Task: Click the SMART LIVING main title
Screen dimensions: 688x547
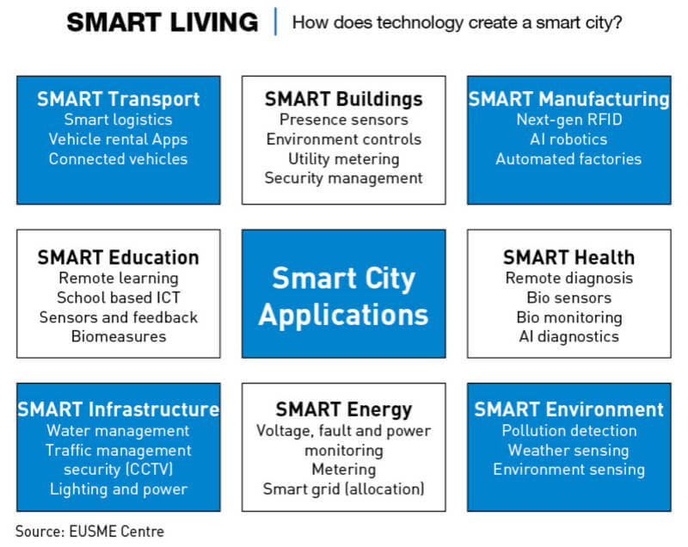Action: click(163, 22)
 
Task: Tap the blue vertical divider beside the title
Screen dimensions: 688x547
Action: click(275, 22)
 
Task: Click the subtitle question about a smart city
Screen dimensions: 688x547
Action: click(458, 22)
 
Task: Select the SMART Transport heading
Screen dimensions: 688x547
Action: click(119, 99)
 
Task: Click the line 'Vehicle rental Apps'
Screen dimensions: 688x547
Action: click(119, 139)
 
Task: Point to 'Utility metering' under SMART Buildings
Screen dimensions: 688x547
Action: click(343, 159)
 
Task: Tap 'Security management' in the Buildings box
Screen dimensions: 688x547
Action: click(343, 178)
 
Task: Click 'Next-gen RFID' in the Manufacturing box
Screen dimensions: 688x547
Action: click(569, 120)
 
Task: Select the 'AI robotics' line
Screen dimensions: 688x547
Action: click(569, 139)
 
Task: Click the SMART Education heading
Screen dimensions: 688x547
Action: click(119, 257)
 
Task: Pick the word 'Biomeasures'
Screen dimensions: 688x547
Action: click(119, 336)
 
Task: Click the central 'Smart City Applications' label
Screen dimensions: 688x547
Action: click(343, 297)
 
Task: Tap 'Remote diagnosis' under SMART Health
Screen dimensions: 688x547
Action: click(569, 278)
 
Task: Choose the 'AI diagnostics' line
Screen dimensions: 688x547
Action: click(569, 336)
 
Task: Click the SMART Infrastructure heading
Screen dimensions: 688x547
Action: click(119, 409)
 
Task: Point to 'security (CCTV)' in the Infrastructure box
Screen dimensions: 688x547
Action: click(119, 470)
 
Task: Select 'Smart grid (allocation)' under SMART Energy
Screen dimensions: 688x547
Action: click(343, 489)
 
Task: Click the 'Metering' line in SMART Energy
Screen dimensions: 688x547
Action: click(343, 470)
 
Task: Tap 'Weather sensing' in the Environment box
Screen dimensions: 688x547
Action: click(569, 450)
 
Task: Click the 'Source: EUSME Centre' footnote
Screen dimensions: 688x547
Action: click(90, 532)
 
